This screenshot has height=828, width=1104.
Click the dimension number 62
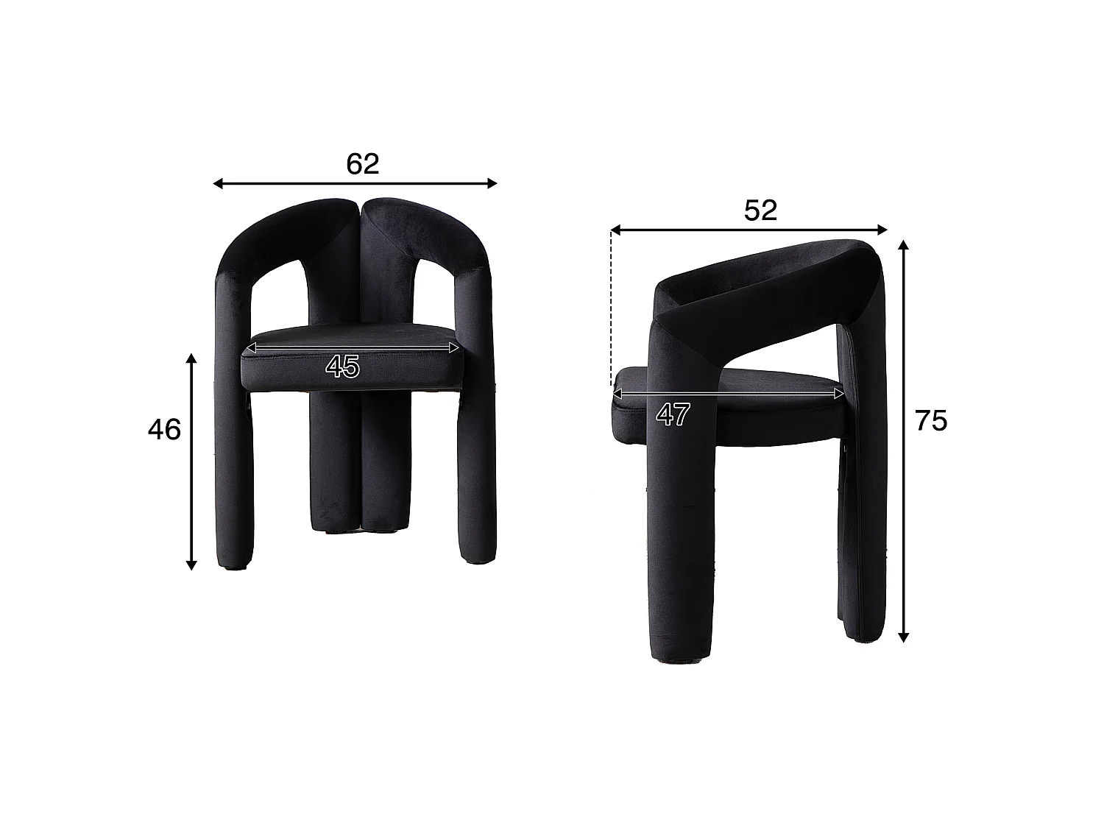(362, 164)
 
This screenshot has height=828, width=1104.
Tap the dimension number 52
(760, 210)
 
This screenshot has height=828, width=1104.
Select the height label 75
(930, 421)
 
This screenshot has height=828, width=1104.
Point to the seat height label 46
(164, 430)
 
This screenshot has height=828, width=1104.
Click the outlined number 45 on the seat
(342, 366)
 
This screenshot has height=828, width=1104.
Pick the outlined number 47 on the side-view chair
(673, 415)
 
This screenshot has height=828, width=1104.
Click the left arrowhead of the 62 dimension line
(218, 183)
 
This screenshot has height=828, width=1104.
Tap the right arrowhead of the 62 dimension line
(492, 183)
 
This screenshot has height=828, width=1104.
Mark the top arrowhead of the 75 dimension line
(903, 245)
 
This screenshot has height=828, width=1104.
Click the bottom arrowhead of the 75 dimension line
(903, 637)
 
